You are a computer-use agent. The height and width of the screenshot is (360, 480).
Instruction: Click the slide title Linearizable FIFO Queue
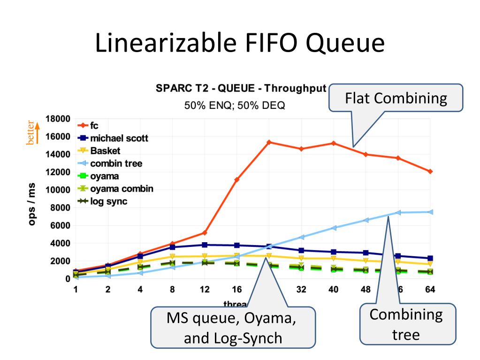tap(240, 43)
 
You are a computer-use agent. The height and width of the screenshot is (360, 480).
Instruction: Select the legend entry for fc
tap(94, 126)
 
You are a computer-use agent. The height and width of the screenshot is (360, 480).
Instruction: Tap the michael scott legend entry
tap(119, 138)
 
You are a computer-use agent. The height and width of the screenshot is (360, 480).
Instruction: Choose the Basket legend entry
tap(105, 151)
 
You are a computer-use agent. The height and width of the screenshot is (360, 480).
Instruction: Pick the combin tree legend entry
tap(116, 163)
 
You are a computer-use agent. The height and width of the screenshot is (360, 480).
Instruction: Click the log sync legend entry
tap(108, 201)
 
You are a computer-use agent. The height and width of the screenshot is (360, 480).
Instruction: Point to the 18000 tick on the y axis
tap(58, 118)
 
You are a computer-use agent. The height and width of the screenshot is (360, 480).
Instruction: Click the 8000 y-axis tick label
tap(60, 207)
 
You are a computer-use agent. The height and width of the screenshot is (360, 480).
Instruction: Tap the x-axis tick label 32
tap(301, 290)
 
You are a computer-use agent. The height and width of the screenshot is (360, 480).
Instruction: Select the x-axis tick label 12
tap(205, 290)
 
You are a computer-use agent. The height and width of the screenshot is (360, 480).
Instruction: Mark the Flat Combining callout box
tap(396, 98)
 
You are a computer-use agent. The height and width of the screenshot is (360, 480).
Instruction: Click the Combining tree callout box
tap(406, 324)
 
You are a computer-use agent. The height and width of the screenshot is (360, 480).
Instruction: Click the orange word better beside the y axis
tap(30, 133)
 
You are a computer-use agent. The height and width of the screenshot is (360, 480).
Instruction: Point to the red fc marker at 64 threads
tap(430, 171)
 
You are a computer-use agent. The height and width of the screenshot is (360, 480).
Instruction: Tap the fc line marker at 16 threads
tap(237, 180)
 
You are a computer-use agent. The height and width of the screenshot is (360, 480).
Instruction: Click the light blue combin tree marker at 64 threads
tap(430, 212)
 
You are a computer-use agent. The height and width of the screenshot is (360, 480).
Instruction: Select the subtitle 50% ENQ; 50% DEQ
tap(234, 105)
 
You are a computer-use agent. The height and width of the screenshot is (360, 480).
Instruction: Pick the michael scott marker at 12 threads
tap(205, 245)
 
